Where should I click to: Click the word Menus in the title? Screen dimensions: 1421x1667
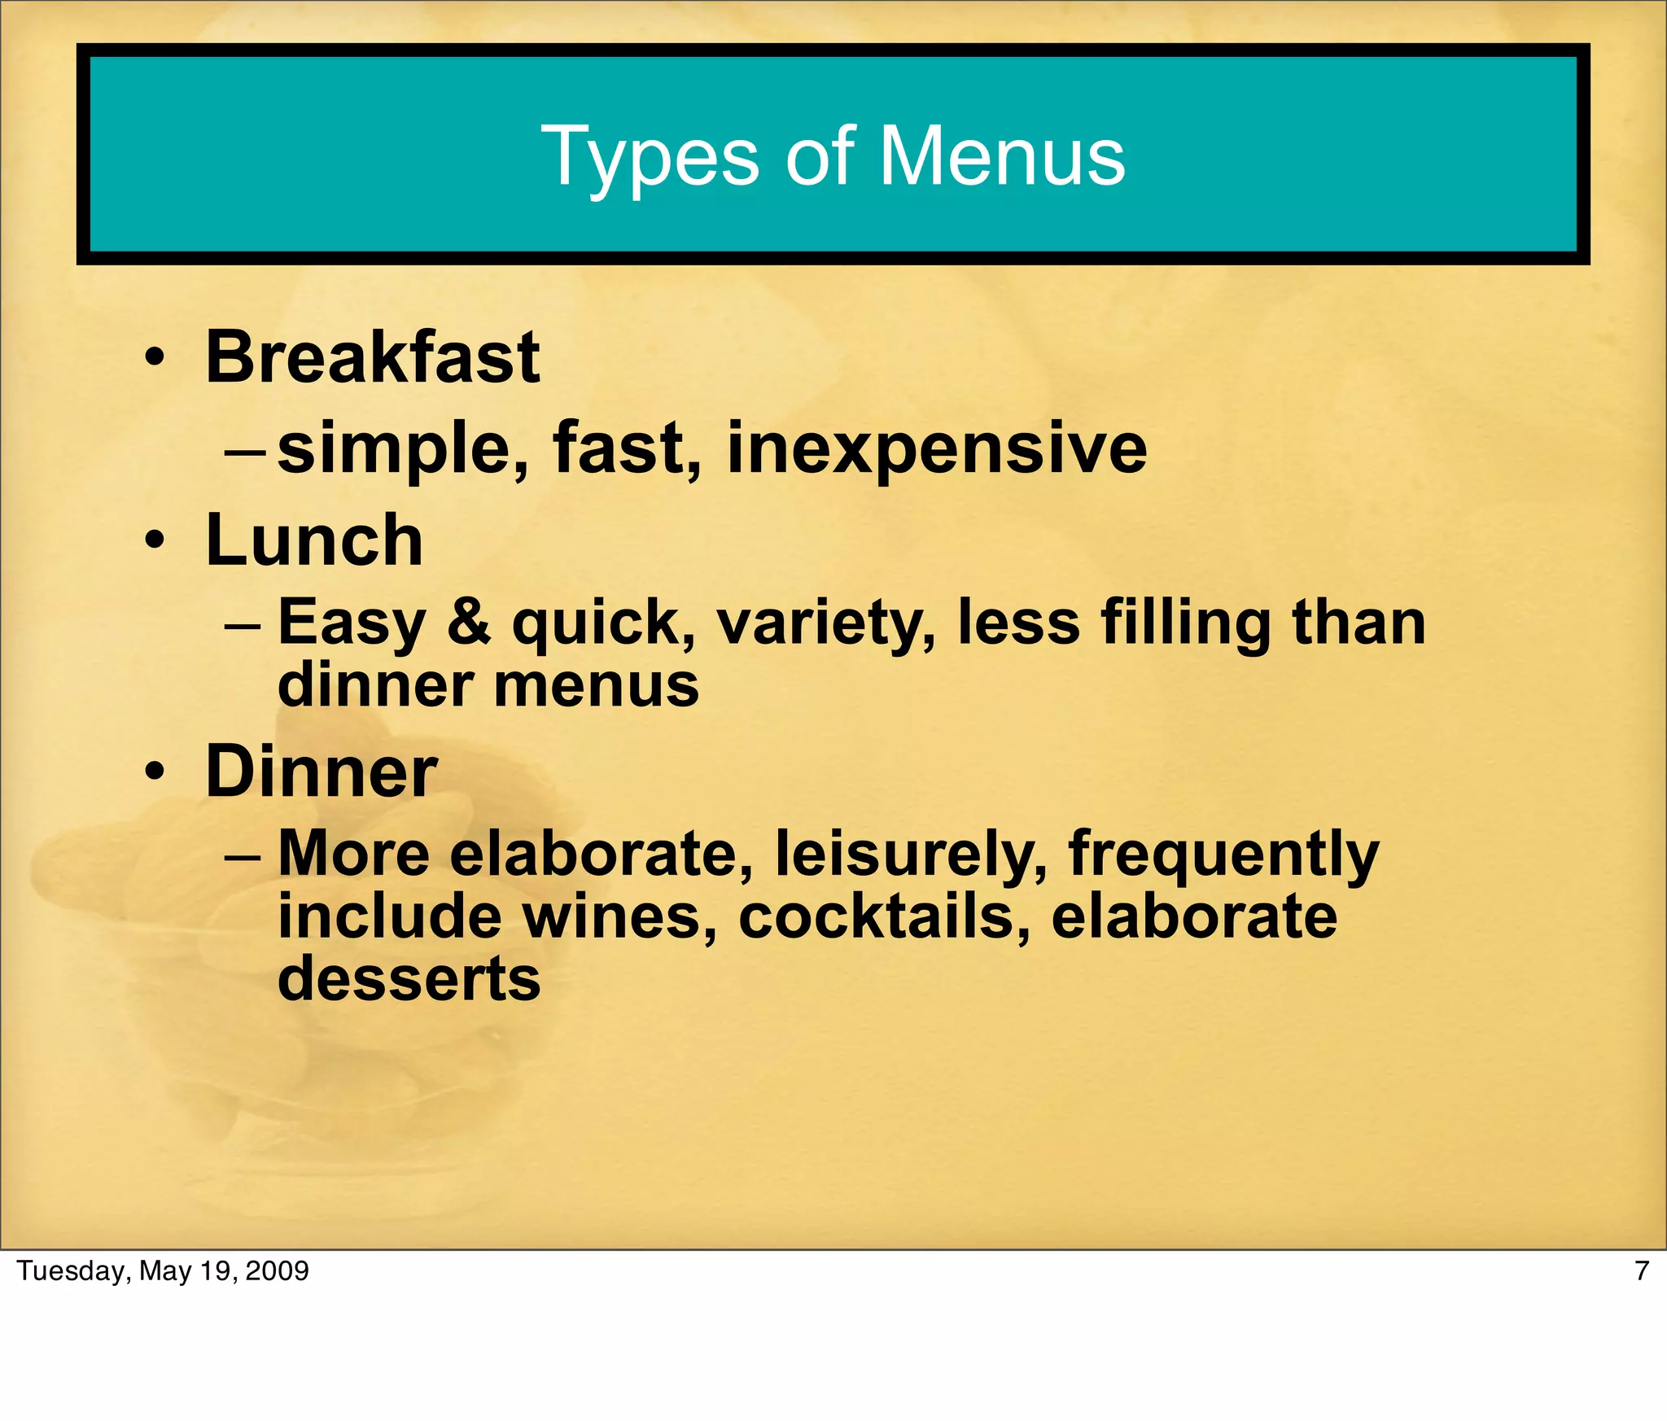(x=1003, y=156)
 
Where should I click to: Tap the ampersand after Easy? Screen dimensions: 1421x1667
(x=470, y=622)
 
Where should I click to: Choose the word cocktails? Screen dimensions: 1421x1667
(x=884, y=917)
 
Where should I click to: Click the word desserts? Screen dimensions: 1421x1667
(x=409, y=979)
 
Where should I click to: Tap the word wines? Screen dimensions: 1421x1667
(x=619, y=917)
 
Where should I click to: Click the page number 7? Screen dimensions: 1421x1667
(x=1641, y=1271)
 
